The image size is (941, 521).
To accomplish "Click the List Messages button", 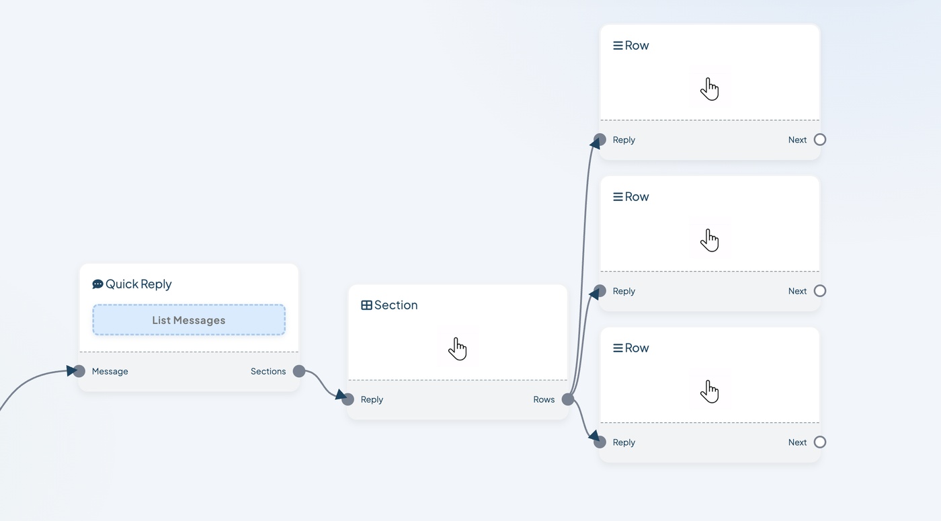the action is click(x=189, y=320).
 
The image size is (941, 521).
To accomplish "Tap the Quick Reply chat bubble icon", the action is click(x=97, y=284).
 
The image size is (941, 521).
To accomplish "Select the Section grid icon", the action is click(x=366, y=305).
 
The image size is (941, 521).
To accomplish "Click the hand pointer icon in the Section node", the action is click(x=458, y=348).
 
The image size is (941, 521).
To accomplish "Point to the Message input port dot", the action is click(x=79, y=371).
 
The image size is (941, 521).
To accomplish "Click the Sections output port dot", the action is click(x=298, y=371).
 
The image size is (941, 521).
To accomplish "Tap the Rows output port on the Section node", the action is click(x=567, y=399).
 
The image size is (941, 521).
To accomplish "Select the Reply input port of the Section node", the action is click(x=348, y=399).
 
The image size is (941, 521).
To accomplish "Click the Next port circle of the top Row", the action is click(x=819, y=140).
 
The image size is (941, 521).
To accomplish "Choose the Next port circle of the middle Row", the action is click(x=819, y=290).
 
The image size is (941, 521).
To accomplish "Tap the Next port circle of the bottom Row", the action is click(x=819, y=442).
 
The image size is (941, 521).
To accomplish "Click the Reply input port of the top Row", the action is click(x=600, y=140).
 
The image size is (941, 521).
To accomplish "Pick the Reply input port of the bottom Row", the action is click(x=600, y=442).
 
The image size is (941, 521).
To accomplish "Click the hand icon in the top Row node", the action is click(x=710, y=89).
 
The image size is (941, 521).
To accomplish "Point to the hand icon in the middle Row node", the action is click(x=710, y=240).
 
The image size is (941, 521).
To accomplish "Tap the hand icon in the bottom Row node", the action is click(x=710, y=391).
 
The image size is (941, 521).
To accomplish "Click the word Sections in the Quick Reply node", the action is click(x=268, y=371).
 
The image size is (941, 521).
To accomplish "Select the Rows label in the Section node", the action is click(x=544, y=399).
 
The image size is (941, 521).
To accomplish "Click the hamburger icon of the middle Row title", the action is click(x=618, y=196).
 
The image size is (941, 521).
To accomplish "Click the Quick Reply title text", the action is click(x=138, y=284).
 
